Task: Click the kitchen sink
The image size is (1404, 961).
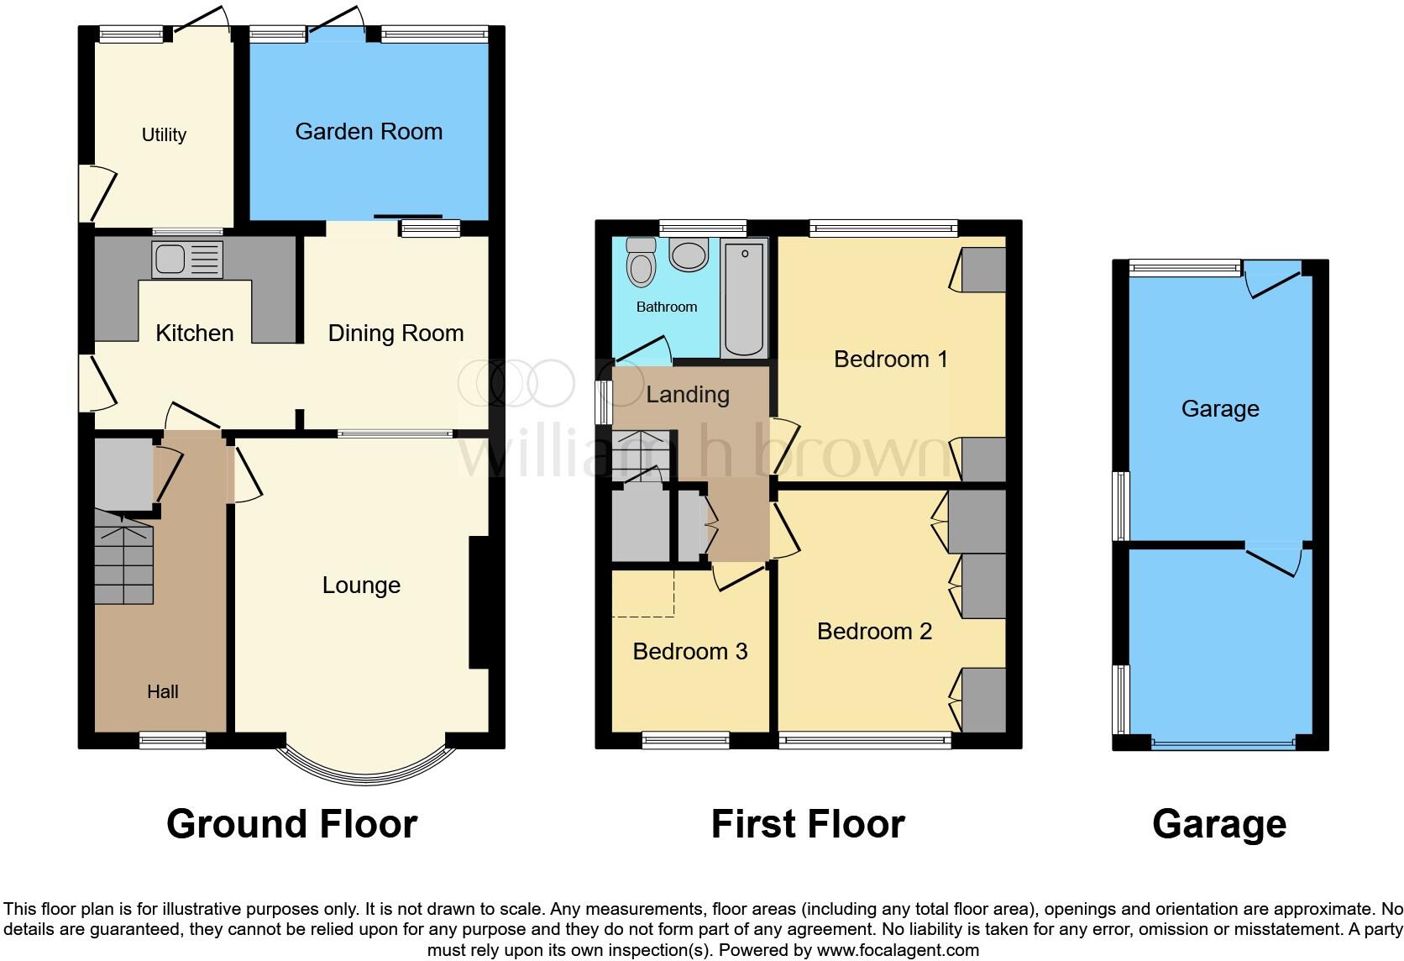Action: [187, 260]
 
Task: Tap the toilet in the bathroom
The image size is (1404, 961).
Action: [641, 262]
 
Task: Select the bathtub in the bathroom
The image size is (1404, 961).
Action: [744, 298]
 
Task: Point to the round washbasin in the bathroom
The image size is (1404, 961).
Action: [689, 254]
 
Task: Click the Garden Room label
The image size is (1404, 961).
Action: [369, 132]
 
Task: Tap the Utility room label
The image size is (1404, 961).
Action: [164, 134]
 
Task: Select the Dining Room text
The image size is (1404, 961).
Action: [396, 333]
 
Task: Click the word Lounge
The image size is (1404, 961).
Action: [361, 586]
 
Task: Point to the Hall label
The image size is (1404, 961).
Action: [162, 691]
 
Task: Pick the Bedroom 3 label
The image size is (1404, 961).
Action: [690, 651]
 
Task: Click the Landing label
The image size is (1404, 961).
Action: [688, 395]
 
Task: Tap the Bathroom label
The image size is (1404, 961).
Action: [666, 307]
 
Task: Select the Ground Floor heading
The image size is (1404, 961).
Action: [291, 824]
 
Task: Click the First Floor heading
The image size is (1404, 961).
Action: [808, 824]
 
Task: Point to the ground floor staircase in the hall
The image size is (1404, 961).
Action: [124, 557]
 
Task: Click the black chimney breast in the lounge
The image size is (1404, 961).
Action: [479, 601]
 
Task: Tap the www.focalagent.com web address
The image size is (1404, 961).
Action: [898, 950]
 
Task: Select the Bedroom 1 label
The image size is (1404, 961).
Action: [890, 360]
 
